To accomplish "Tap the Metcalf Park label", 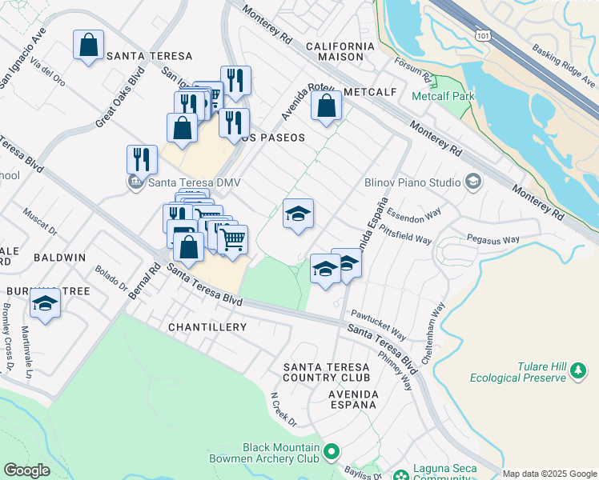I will click(x=443, y=97).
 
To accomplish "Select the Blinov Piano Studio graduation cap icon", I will click(x=473, y=182).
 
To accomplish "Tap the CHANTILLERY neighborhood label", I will click(x=207, y=327).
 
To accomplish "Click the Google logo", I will click(x=26, y=470).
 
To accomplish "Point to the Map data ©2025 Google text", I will click(x=549, y=474).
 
